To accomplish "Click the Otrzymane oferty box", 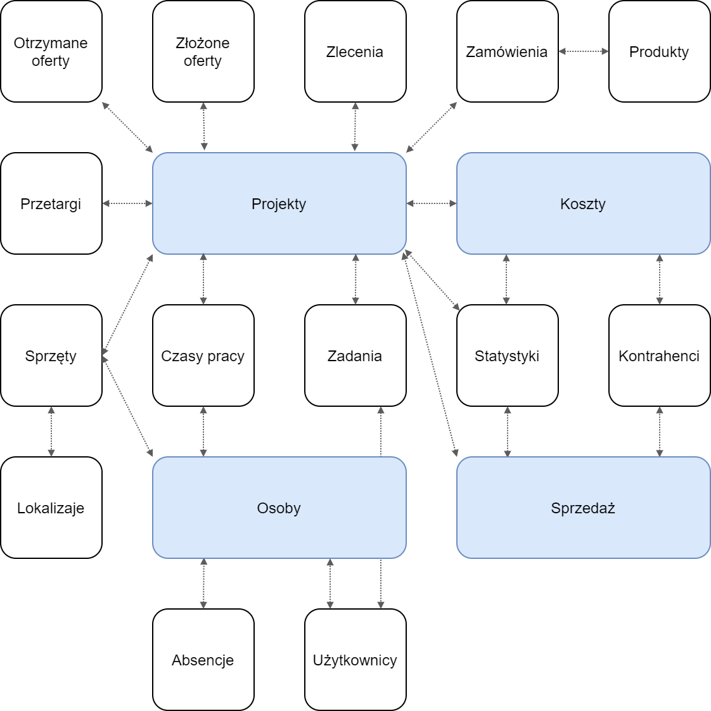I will pyautogui.click(x=51, y=51).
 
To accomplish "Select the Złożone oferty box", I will pyautogui.click(x=203, y=51).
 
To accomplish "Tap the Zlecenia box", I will pyautogui.click(x=355, y=51).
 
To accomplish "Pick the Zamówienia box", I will pyautogui.click(x=508, y=51).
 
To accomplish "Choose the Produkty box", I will pyautogui.click(x=660, y=51).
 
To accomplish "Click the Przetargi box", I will pyautogui.click(x=51, y=203).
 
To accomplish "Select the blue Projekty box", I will pyautogui.click(x=279, y=203).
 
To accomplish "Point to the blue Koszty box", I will pyautogui.click(x=584, y=203).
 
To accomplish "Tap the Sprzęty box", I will pyautogui.click(x=51, y=355).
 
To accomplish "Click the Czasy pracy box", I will pyautogui.click(x=203, y=355).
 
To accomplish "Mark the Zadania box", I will pyautogui.click(x=355, y=355).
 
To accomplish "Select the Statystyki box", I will pyautogui.click(x=508, y=355).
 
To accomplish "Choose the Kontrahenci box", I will pyautogui.click(x=660, y=355).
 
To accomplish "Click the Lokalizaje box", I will pyautogui.click(x=51, y=508).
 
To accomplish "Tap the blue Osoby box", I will pyautogui.click(x=279, y=508).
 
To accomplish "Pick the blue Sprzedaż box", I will pyautogui.click(x=584, y=508).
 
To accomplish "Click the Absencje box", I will pyautogui.click(x=203, y=660).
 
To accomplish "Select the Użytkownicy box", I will pyautogui.click(x=355, y=660).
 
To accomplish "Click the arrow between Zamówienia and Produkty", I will pyautogui.click(x=584, y=51).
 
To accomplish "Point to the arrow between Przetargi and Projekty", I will pyautogui.click(x=127, y=203).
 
